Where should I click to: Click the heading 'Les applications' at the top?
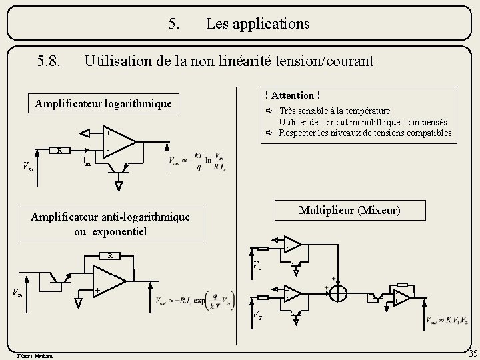tap(257, 24)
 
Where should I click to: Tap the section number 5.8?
tap(51, 62)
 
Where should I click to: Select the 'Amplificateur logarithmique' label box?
tap(103, 103)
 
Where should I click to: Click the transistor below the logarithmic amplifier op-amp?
tap(120, 175)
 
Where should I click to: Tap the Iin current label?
tap(87, 161)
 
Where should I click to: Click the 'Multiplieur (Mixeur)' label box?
tap(350, 210)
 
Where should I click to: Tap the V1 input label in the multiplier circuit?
tap(257, 265)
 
